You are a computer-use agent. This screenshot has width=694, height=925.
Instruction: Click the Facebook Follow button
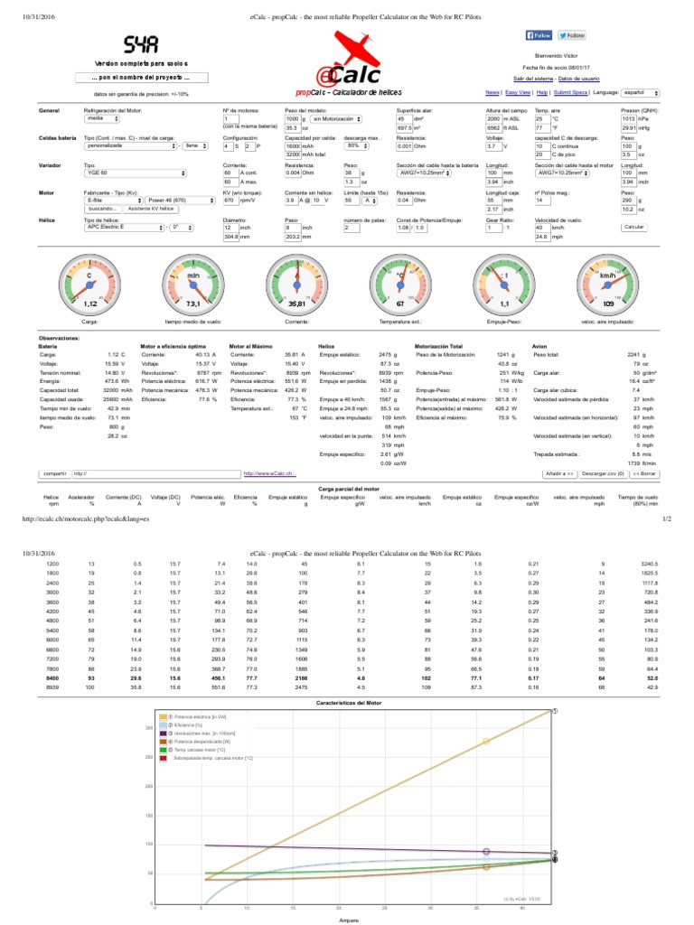pos(539,35)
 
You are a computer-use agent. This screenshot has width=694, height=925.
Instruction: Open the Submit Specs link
pos(569,92)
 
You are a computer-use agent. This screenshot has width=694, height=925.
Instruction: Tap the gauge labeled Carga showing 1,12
pos(89,285)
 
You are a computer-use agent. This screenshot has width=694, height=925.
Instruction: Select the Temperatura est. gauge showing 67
pos(399,285)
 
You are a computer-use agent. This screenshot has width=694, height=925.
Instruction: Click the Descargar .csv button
pos(603,472)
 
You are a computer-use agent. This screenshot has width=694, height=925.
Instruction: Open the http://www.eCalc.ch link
pos(270,472)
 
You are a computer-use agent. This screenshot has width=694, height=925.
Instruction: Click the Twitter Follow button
pos(571,35)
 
